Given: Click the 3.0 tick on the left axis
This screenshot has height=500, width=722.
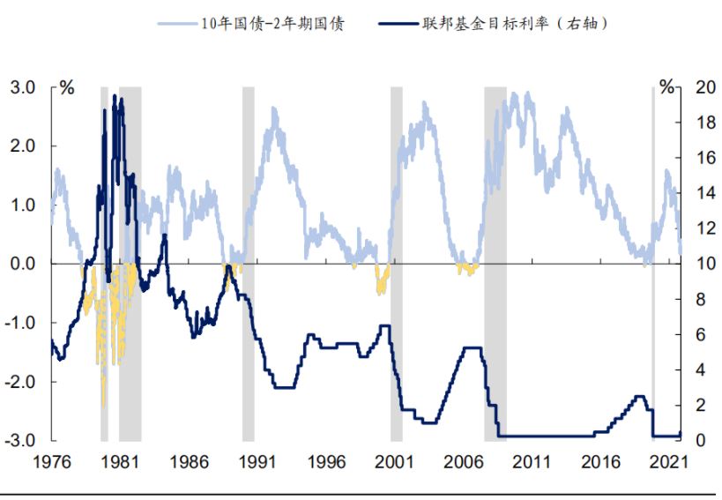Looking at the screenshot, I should click(x=23, y=87).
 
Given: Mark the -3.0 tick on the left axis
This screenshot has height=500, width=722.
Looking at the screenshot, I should click(x=21, y=440).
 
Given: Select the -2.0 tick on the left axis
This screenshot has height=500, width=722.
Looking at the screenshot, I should click(x=21, y=381).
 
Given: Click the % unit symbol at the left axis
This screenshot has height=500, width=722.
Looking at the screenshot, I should click(x=67, y=88).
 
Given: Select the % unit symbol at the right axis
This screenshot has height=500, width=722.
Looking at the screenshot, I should click(x=669, y=88).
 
